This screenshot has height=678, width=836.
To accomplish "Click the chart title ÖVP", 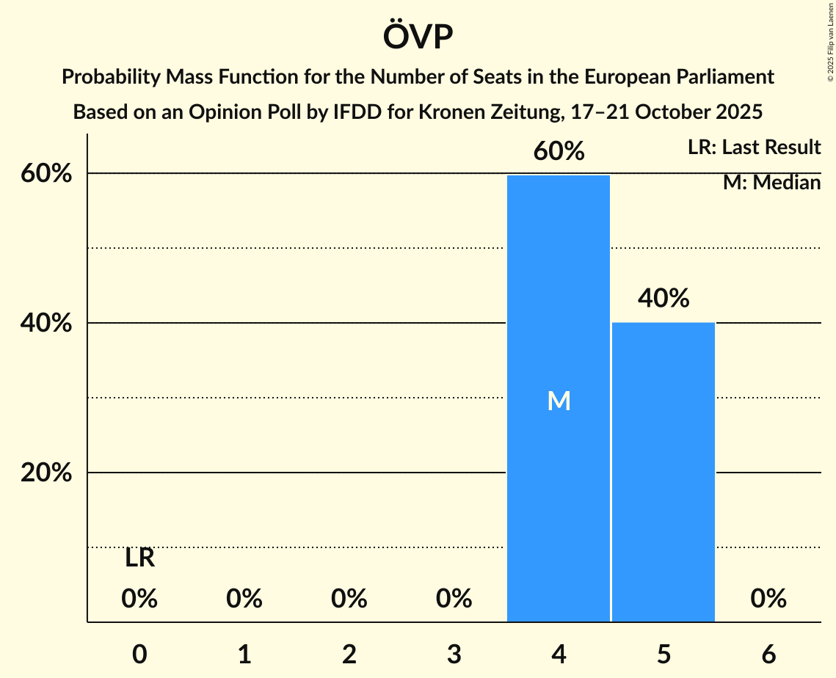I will click(418, 37).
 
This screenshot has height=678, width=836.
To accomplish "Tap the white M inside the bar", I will click(559, 401).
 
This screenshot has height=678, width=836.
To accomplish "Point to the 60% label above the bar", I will click(559, 151).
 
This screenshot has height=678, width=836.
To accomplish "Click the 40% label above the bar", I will click(664, 299).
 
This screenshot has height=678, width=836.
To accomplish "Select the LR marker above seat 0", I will click(139, 558).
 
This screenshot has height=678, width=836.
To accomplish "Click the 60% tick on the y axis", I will click(46, 174).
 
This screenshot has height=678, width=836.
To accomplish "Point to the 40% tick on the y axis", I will click(46, 324).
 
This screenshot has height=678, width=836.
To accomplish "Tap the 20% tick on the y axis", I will click(46, 473).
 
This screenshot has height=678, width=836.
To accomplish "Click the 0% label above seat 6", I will click(768, 599).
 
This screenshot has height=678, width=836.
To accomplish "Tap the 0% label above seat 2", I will click(349, 599).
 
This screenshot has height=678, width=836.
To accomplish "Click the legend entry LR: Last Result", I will click(754, 147).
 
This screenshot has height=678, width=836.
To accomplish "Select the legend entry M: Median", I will click(771, 183).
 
